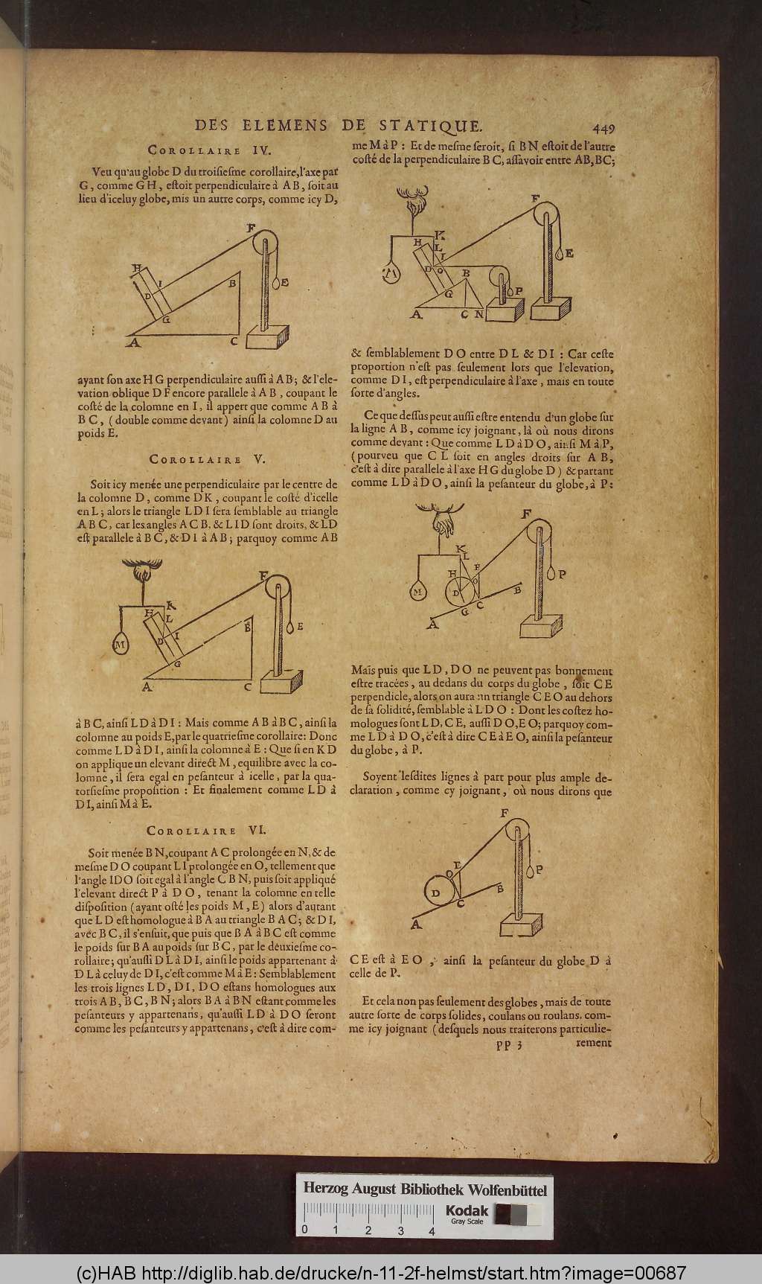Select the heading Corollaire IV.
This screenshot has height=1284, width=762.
(196, 148)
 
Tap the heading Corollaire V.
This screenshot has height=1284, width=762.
(196, 459)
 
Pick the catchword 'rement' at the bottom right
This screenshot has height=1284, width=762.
(593, 1043)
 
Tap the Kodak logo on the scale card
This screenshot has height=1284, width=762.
(467, 1212)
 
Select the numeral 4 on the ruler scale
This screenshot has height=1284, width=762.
(432, 1231)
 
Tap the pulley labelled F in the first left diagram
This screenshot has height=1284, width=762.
(264, 243)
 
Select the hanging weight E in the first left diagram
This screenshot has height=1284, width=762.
(278, 283)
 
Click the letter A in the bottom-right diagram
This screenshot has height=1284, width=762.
(415, 924)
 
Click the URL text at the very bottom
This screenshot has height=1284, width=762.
(381, 1273)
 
